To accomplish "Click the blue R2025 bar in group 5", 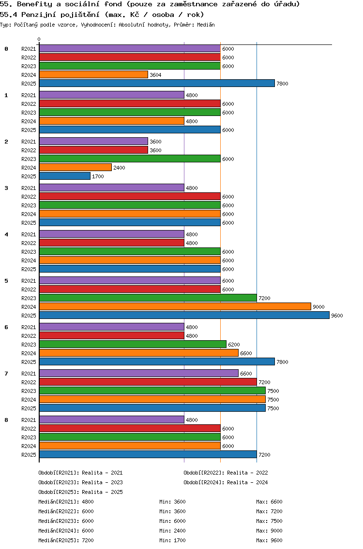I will coord(184,316).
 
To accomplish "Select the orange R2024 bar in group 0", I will coord(93,75).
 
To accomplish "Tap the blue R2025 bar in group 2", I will coord(64,176).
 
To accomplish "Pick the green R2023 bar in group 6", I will coord(133,345).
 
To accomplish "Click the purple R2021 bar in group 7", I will coord(138,374).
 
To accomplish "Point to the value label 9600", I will coord(337,316).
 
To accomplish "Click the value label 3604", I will coord(155,75).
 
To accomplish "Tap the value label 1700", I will coord(98,176).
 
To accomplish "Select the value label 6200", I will coord(234,345).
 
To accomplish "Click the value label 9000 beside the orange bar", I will coord(318,307).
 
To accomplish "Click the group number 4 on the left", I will coord(6,234).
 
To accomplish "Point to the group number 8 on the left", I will coord(6,420).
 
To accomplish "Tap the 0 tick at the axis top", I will coord(39,40).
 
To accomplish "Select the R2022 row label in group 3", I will coord(29,197).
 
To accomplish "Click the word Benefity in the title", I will coord(31,4).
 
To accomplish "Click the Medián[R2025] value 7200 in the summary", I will coord(88,540).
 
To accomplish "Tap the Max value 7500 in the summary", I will coord(276,521).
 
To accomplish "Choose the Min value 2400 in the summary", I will coord(180,531).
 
